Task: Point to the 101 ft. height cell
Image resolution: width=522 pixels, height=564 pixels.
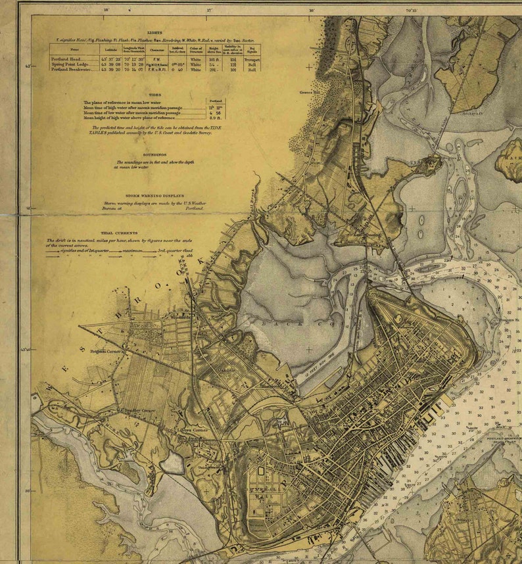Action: [213, 59]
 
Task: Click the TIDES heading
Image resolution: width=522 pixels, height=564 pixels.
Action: [154, 95]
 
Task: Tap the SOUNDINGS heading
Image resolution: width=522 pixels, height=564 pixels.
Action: [154, 154]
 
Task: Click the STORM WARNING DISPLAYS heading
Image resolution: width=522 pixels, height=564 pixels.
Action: [154, 196]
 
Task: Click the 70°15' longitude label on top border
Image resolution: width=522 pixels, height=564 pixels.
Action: [412, 11]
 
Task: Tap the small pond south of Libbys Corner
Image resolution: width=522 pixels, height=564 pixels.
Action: [172, 463]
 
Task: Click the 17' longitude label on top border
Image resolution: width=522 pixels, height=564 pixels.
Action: [210, 11]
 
